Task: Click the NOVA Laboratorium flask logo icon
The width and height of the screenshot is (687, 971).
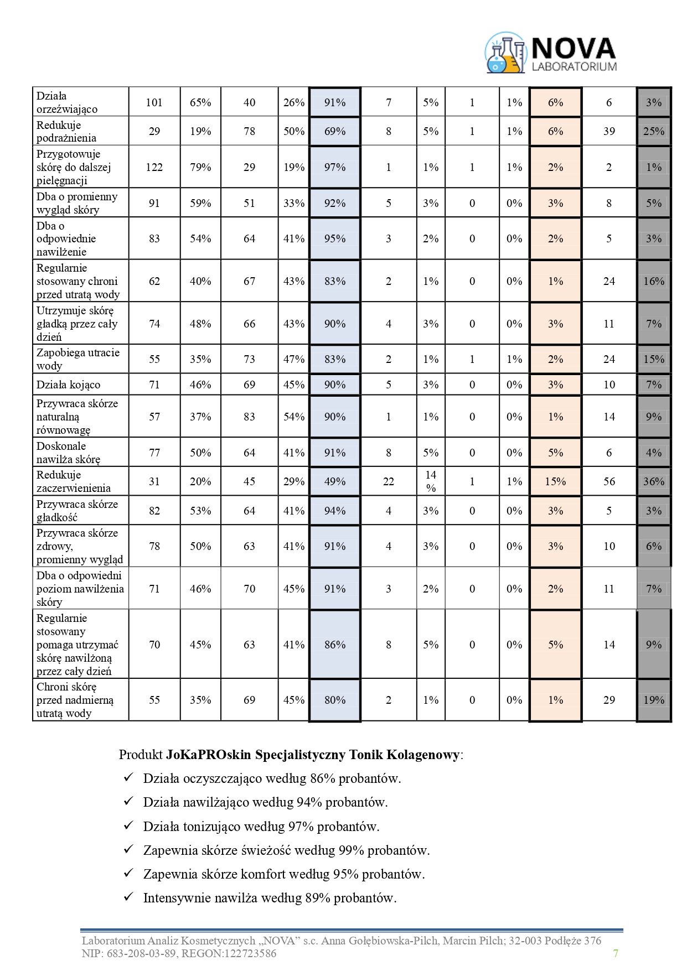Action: coord(505,53)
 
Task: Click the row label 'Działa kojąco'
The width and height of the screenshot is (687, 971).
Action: coord(68,385)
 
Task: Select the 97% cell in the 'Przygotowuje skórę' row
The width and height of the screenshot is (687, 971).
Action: coord(334,167)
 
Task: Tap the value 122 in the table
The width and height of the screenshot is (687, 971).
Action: coord(154,167)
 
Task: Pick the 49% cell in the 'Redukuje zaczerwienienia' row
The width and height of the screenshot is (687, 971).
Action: coord(334,481)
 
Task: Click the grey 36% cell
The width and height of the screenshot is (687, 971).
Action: coord(653,481)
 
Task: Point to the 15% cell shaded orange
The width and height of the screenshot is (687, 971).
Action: coord(555,481)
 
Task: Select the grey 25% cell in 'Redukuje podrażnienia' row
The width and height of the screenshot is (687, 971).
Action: coord(653,131)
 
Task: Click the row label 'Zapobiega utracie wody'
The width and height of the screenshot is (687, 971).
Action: coord(78,359)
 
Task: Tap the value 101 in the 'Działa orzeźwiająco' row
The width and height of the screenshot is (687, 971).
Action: coord(154,102)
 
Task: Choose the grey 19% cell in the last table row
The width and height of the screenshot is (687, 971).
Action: coord(653,700)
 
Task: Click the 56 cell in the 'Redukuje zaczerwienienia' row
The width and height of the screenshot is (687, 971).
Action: coord(609,481)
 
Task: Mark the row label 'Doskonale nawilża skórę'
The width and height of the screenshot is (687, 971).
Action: coord(68,453)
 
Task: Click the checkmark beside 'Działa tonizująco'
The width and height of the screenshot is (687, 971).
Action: coord(128,825)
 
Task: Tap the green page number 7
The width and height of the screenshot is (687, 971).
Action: coord(616,953)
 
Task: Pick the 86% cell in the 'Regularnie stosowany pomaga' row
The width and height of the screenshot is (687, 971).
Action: coord(334,645)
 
